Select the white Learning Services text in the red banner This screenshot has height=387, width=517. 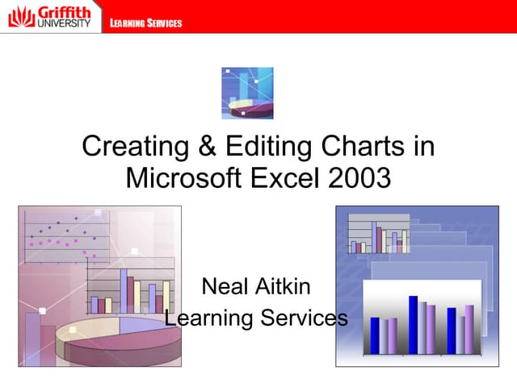146,23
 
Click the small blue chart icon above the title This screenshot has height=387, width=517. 247,93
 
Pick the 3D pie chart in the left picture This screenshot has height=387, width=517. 113,339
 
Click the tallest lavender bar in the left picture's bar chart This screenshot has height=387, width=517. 124,290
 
